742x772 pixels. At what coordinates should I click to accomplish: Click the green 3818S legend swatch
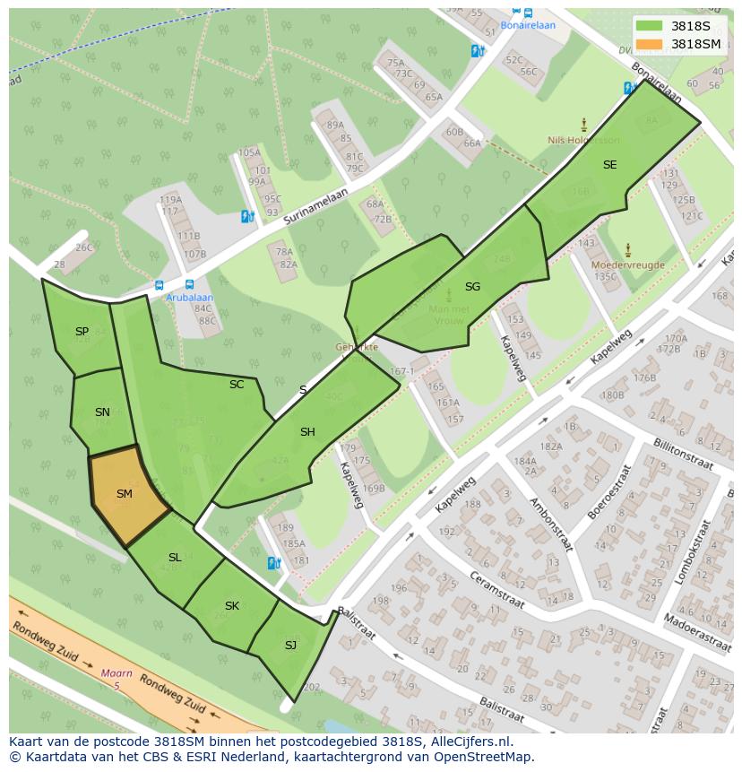click(650, 26)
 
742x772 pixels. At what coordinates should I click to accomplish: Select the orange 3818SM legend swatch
click(650, 44)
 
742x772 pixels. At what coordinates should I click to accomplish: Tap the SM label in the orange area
click(125, 494)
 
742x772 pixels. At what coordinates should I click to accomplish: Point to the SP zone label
click(82, 332)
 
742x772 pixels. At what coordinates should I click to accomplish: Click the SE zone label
click(609, 165)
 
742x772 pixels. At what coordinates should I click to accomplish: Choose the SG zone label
click(472, 287)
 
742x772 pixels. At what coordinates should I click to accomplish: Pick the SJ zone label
click(290, 646)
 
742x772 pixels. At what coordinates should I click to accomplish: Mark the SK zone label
click(232, 606)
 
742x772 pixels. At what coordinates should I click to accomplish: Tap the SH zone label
click(307, 432)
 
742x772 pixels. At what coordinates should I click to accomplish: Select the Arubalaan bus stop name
click(189, 298)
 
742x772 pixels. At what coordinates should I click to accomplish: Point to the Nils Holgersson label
click(583, 141)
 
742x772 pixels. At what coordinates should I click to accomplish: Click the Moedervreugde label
click(627, 265)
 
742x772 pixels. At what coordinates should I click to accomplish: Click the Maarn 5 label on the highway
click(111, 679)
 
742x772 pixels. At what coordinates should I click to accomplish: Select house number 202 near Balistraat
click(311, 688)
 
